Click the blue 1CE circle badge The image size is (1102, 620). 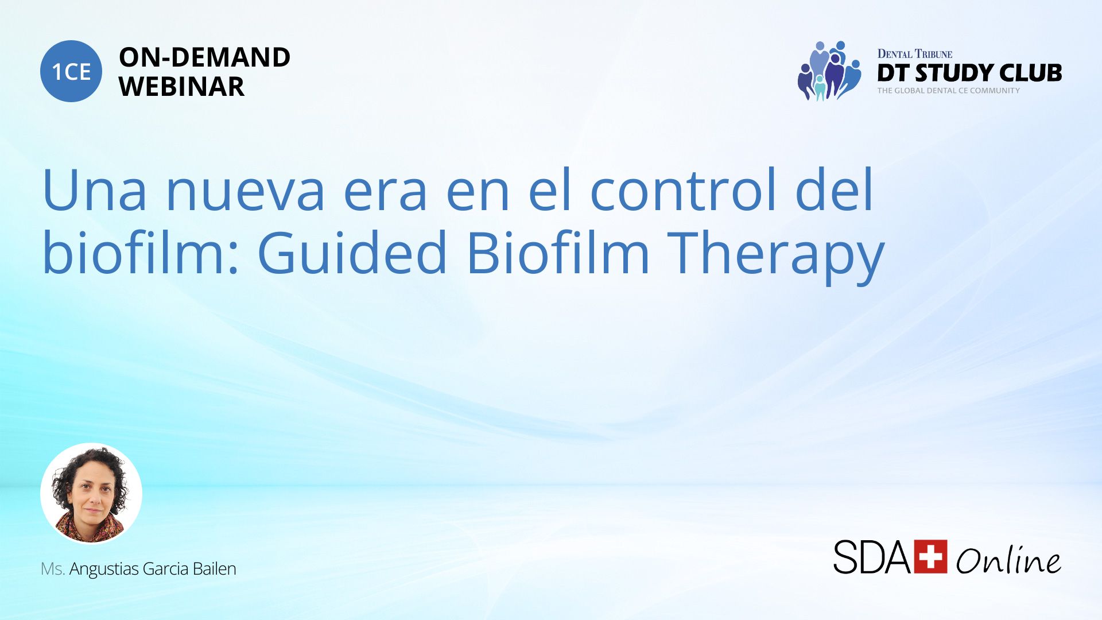(71, 71)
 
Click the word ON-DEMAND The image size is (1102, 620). (204, 57)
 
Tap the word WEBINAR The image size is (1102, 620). (181, 87)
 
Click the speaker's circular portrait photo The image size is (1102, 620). (91, 493)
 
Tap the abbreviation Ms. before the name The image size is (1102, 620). (53, 569)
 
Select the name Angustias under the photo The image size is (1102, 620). (104, 569)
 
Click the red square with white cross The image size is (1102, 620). (930, 556)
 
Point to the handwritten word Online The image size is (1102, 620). (1008, 559)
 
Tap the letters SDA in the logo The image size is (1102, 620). (872, 557)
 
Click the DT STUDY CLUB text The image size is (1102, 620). (969, 73)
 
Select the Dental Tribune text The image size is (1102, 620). (915, 54)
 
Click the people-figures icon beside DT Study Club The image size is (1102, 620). (829, 71)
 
